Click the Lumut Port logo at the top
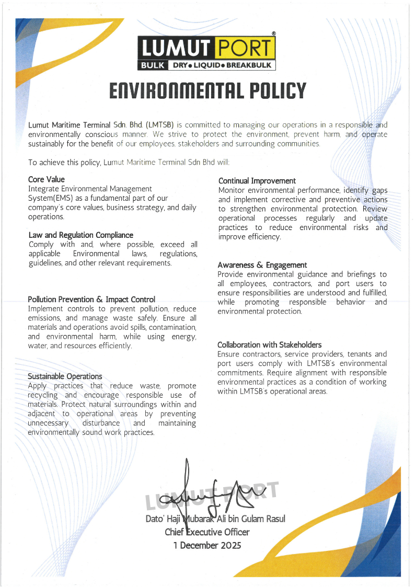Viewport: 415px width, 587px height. click(x=207, y=53)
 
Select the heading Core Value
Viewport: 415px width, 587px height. click(x=47, y=179)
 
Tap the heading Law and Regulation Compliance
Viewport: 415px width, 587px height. click(x=81, y=235)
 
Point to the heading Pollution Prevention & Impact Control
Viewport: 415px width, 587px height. click(x=91, y=300)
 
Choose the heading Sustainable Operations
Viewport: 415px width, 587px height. click(x=65, y=376)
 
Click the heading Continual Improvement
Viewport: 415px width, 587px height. click(x=257, y=181)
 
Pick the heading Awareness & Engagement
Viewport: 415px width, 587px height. click(x=262, y=265)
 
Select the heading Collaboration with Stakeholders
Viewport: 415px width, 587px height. click(x=270, y=345)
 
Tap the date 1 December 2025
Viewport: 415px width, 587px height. click(x=208, y=546)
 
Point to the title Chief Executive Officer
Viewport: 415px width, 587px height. click(x=207, y=532)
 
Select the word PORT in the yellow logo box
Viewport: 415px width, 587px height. click(x=244, y=49)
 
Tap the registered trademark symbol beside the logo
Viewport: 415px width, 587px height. click(x=274, y=33)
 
